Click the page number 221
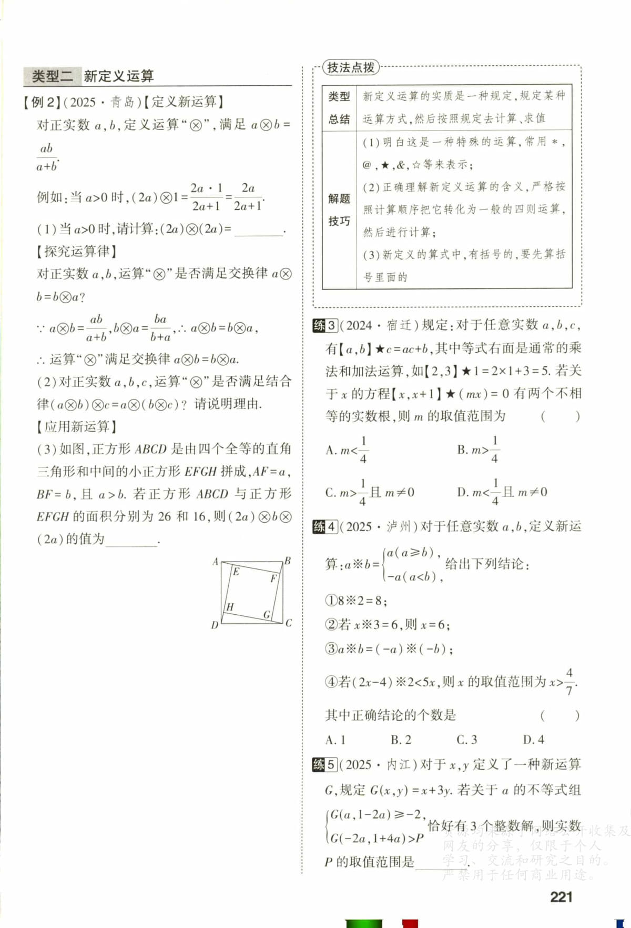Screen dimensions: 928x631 pyautogui.click(x=561, y=897)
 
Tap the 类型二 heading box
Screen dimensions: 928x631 pyautogui.click(x=52, y=76)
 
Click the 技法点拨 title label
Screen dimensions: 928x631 pyautogui.click(x=351, y=67)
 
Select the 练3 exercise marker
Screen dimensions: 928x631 pyautogui.click(x=324, y=325)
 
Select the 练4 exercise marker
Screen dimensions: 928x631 pyautogui.click(x=324, y=526)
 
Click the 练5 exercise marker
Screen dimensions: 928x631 pyautogui.click(x=324, y=764)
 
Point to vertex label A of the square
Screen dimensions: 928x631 pyautogui.click(x=215, y=562)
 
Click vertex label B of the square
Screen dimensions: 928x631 pyautogui.click(x=288, y=561)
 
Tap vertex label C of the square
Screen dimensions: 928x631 pyautogui.click(x=289, y=623)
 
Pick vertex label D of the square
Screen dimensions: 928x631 pyautogui.click(x=215, y=625)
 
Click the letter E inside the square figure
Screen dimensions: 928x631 pyautogui.click(x=236, y=572)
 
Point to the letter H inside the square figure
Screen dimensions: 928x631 pyautogui.click(x=230, y=607)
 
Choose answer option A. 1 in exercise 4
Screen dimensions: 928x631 pyautogui.click(x=335, y=740)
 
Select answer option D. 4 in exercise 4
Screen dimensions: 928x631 pyautogui.click(x=533, y=740)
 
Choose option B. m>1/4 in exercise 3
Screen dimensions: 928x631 pyautogui.click(x=478, y=450)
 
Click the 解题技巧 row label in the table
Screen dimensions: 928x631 pyautogui.click(x=339, y=209)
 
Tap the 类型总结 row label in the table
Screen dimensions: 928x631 pyautogui.click(x=339, y=107)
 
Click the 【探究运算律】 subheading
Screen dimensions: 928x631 pyautogui.click(x=76, y=251)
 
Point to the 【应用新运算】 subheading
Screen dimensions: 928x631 pyautogui.click(x=76, y=426)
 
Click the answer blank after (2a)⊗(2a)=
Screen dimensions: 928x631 pyautogui.click(x=258, y=231)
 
